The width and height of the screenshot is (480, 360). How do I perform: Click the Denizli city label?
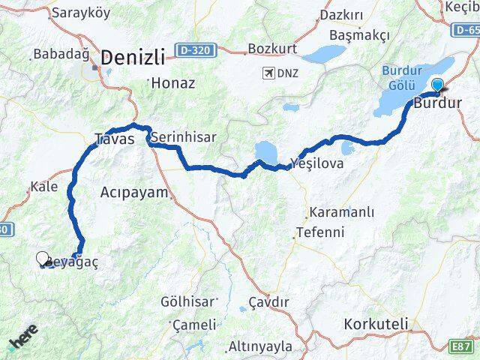pyautogui.click(x=133, y=58)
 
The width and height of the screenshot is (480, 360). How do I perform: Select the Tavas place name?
pyautogui.click(x=115, y=139)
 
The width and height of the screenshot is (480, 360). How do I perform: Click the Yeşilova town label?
pyautogui.click(x=317, y=162)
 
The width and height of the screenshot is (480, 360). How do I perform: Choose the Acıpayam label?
pyautogui.click(x=134, y=192)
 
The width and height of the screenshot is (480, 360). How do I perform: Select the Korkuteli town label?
pyautogui.click(x=376, y=324)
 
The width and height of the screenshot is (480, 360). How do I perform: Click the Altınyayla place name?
pyautogui.click(x=260, y=346)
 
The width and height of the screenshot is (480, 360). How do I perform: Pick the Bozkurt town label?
pyautogui.click(x=273, y=49)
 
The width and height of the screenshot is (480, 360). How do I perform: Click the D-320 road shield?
pyautogui.click(x=196, y=50)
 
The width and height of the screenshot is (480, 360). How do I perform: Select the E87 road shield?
pyautogui.click(x=461, y=346)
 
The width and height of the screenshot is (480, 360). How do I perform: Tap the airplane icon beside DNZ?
pyautogui.click(x=268, y=73)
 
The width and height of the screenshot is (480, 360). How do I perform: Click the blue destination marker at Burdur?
pyautogui.click(x=438, y=86)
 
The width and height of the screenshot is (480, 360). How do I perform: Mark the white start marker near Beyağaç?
pyautogui.click(x=43, y=259)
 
